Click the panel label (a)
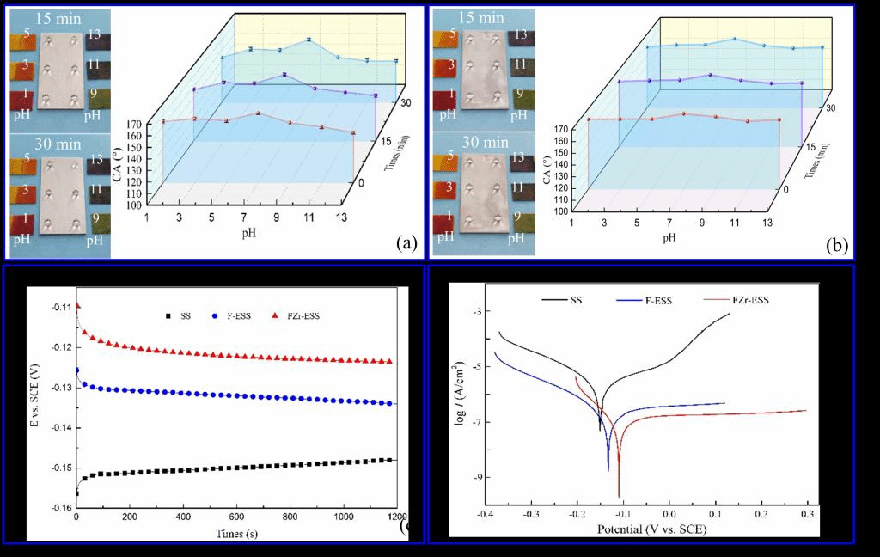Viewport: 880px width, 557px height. tap(406, 243)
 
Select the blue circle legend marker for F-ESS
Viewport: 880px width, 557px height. tap(217, 315)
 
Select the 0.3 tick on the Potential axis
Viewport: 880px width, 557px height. tap(807, 514)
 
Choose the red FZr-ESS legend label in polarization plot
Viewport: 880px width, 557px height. tap(752, 300)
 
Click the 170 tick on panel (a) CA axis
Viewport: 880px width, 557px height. tap(133, 124)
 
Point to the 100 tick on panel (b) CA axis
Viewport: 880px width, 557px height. tap(561, 211)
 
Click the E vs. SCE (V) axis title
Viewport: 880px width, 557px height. tap(35, 407)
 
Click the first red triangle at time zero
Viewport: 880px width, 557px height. tap(77, 305)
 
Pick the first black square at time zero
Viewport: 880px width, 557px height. tap(77, 493)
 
